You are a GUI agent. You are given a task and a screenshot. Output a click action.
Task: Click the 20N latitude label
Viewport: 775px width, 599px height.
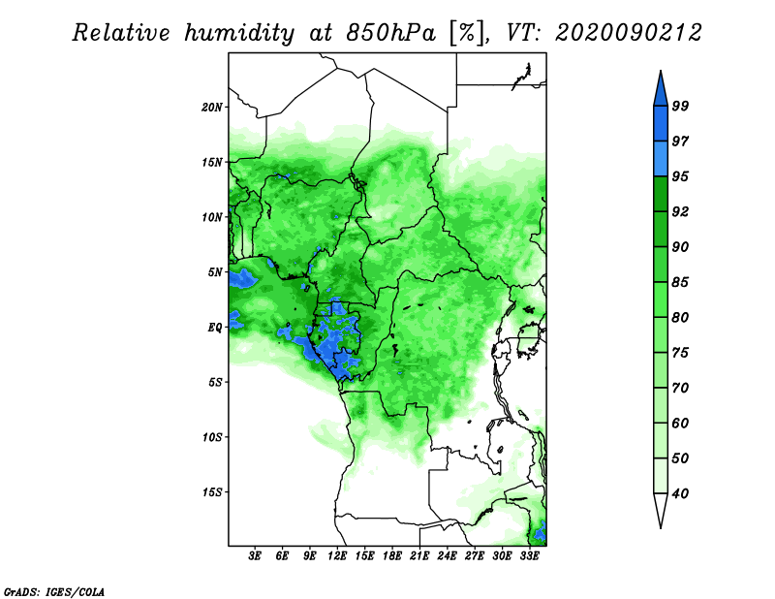(212, 107)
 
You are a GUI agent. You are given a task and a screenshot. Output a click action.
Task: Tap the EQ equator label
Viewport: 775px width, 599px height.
(214, 328)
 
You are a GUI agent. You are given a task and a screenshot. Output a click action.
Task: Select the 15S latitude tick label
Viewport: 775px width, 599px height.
(212, 492)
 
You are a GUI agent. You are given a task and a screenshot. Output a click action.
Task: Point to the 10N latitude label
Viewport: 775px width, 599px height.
(212, 217)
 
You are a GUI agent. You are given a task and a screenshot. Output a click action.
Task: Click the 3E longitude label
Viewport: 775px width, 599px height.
(255, 556)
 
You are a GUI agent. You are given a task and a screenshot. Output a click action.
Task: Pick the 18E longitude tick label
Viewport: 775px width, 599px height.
(392, 556)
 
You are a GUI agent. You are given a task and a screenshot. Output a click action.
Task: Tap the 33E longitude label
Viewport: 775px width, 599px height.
(529, 556)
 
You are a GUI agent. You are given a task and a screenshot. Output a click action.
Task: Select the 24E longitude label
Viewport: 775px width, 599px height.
(447, 556)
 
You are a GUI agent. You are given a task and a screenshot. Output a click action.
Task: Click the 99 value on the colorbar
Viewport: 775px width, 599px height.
(680, 106)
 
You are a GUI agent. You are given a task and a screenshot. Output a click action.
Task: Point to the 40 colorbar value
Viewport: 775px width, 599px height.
(680, 493)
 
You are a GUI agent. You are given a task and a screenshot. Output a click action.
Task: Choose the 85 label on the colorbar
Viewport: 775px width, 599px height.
(680, 282)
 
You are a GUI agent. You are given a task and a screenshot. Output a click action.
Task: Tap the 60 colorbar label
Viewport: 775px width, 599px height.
(680, 423)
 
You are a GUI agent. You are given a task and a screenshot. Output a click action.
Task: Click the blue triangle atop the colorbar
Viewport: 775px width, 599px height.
(661, 91)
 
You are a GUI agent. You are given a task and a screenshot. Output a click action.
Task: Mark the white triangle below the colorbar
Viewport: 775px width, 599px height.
(661, 508)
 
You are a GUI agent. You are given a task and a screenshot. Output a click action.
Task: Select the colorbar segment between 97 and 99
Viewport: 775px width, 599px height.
(661, 124)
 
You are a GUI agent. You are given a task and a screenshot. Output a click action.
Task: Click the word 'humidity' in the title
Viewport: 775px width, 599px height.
(239, 33)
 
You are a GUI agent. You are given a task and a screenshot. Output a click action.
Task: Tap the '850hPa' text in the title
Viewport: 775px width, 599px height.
(391, 33)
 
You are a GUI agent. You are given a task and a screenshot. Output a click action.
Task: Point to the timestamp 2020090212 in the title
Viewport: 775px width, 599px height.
(628, 33)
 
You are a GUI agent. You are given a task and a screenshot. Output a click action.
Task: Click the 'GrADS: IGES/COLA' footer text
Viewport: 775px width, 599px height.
(54, 592)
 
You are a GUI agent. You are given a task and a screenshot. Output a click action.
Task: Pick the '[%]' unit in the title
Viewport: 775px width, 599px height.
(467, 33)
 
